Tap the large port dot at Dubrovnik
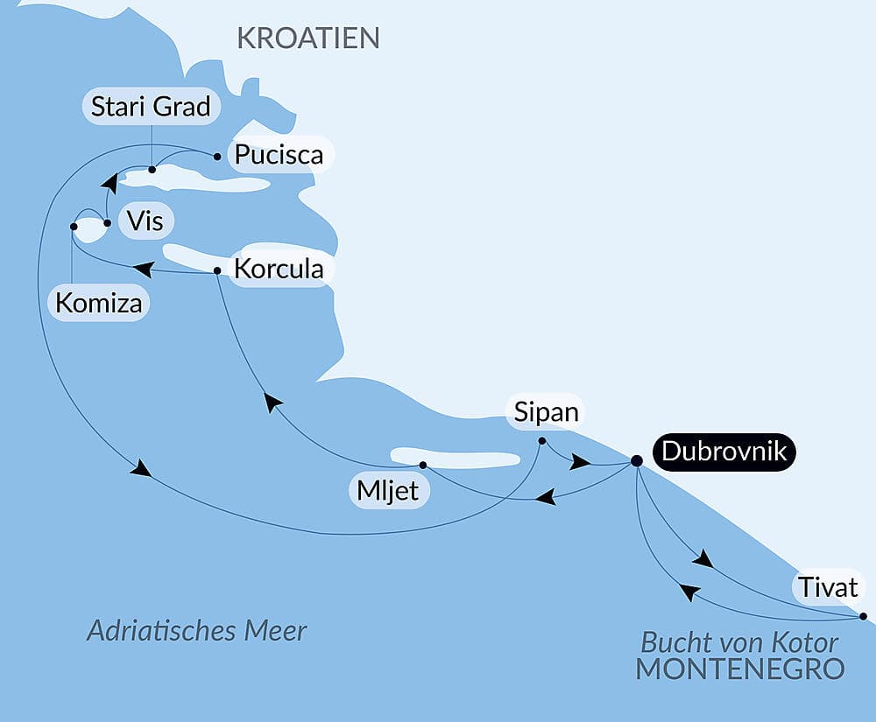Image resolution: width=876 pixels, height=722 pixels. point(637,460)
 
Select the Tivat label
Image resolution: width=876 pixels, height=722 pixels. point(828,586)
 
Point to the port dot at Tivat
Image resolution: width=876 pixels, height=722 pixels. point(863,616)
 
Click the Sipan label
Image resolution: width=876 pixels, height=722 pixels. point(547,412)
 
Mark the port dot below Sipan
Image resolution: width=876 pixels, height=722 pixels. point(542,440)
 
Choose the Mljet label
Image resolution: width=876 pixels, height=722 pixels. point(387,492)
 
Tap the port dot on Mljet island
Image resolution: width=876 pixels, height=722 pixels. point(422,465)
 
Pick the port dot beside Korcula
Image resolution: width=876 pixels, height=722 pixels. point(217,270)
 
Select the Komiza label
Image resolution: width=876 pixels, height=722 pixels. point(97,303)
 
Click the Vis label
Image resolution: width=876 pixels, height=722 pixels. point(145,221)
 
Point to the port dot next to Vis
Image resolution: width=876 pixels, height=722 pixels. point(107,223)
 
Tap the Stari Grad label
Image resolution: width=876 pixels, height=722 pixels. point(152,107)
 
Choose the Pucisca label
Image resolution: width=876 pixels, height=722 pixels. point(279,155)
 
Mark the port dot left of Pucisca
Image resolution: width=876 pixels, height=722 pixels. point(217,157)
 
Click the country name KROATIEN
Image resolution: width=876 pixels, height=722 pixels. point(308,38)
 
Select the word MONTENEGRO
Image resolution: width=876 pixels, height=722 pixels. point(739,669)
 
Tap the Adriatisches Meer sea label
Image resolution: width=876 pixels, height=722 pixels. point(197,631)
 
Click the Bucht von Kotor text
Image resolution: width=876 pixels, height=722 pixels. point(740,641)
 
